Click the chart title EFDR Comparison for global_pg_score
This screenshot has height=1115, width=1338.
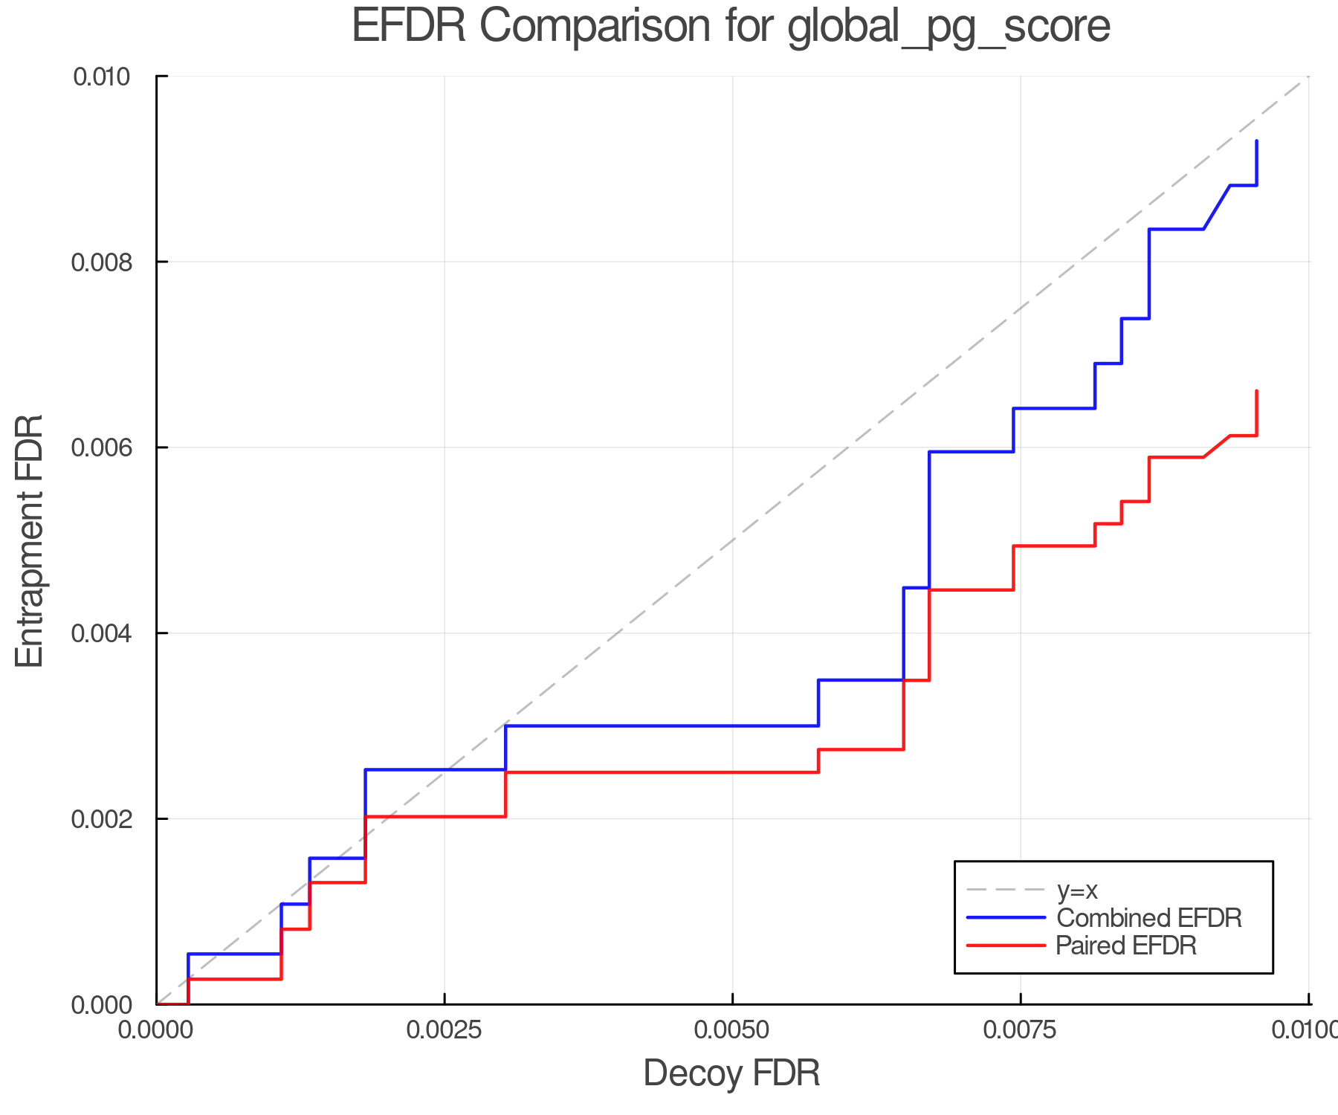731,27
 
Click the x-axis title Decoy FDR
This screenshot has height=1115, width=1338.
731,1073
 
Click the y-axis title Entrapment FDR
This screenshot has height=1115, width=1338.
30,540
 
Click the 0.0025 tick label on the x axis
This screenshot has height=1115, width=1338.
445,1030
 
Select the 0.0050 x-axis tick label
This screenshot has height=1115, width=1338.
732,1030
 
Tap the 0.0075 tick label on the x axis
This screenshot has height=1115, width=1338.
1020,1030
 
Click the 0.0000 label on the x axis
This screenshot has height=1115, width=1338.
157,1030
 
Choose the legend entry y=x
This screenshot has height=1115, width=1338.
1077,890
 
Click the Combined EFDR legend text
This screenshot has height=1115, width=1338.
1148,918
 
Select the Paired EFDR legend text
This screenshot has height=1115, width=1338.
1126,946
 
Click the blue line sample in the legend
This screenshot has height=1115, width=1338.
1006,918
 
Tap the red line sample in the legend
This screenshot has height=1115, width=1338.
1006,946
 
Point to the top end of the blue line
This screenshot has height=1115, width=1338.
1256,141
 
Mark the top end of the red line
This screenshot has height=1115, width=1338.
1256,391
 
